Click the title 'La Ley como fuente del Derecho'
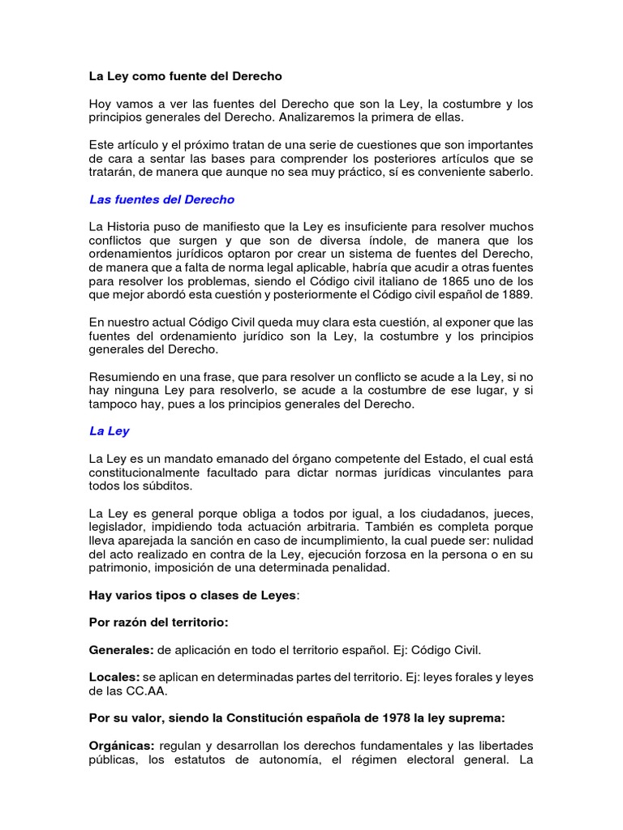pos(185,77)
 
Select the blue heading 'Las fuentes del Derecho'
pos(161,199)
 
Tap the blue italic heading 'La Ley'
pos(109,431)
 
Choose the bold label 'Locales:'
pos(114,677)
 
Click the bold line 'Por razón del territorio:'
pos(159,623)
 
